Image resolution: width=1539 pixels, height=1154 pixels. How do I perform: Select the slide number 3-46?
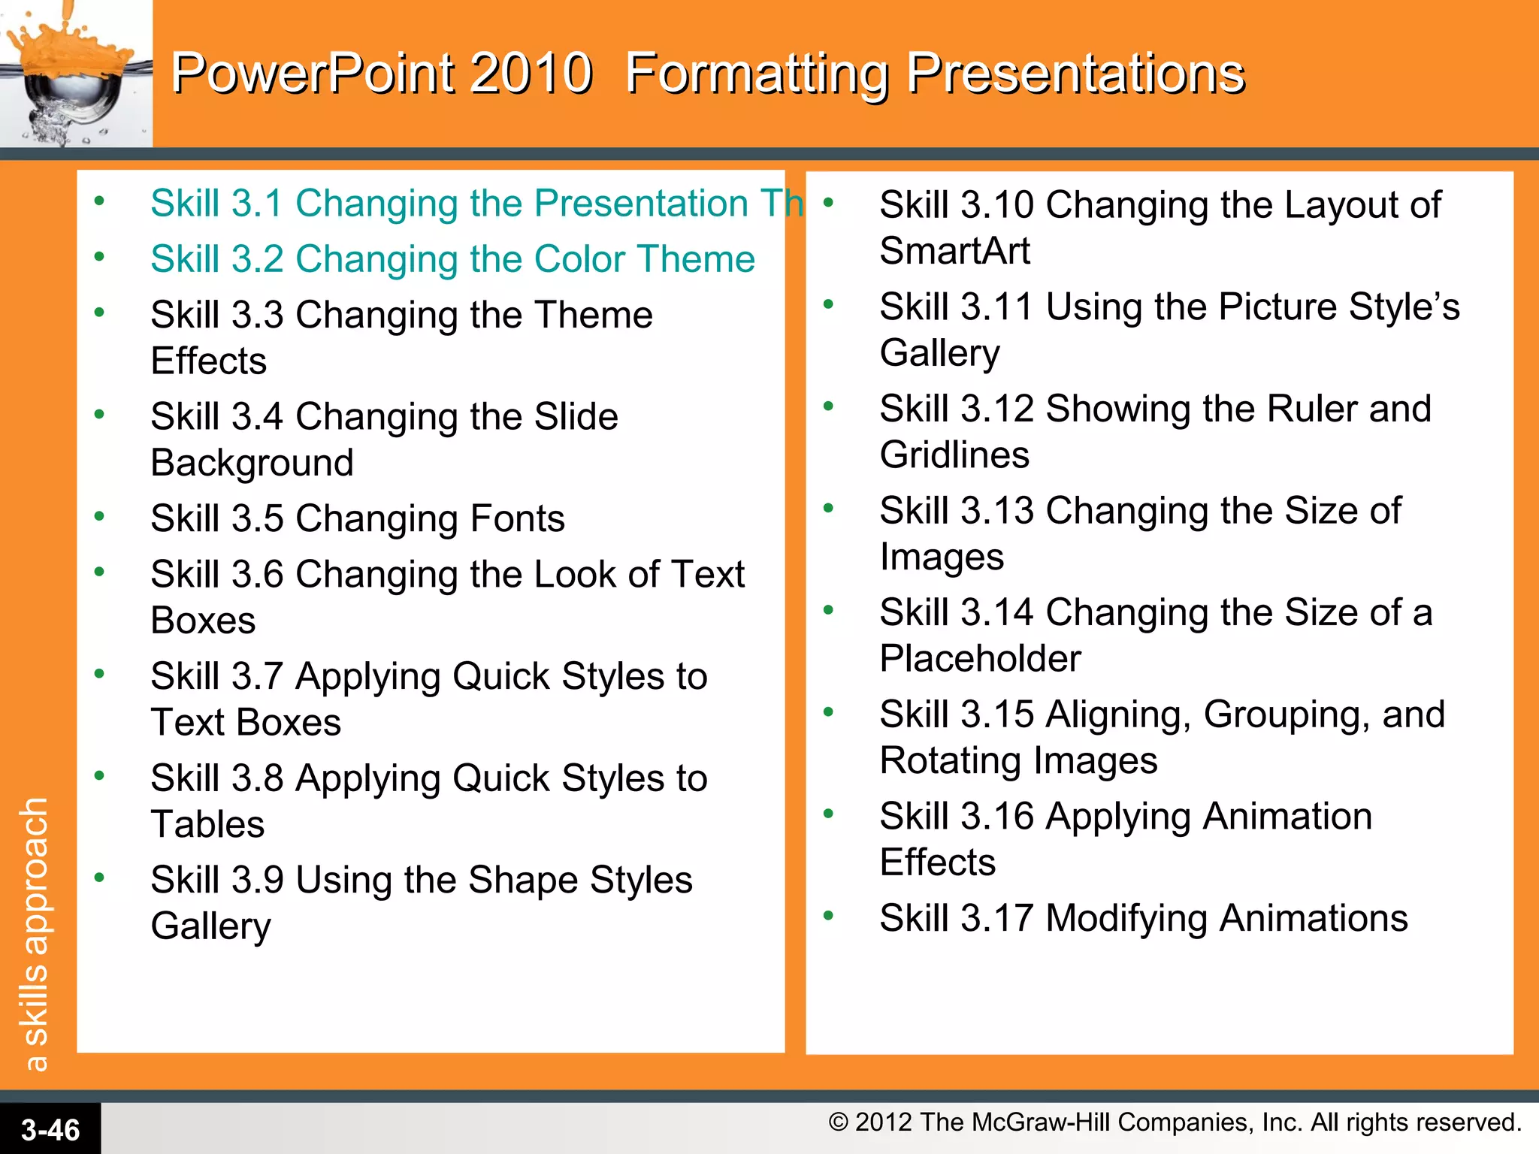pos(50,1130)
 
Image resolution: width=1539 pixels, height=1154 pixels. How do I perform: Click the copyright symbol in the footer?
pos(838,1122)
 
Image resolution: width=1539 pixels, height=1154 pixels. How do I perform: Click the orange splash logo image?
pos(75,74)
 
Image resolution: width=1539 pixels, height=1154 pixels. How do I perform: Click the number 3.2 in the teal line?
pos(257,259)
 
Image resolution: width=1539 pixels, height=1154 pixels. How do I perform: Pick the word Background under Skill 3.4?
pos(252,463)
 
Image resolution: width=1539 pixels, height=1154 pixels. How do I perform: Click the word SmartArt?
pos(954,251)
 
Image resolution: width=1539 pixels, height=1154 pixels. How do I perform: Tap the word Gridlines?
pos(954,455)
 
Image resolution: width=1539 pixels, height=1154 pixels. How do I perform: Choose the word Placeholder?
pos(980,659)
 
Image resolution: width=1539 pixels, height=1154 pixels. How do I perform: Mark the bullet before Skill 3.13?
pos(828,508)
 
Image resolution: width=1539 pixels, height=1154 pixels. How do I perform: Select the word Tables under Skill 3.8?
pos(207,824)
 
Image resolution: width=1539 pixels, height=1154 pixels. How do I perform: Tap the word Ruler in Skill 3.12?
pos(1312,409)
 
